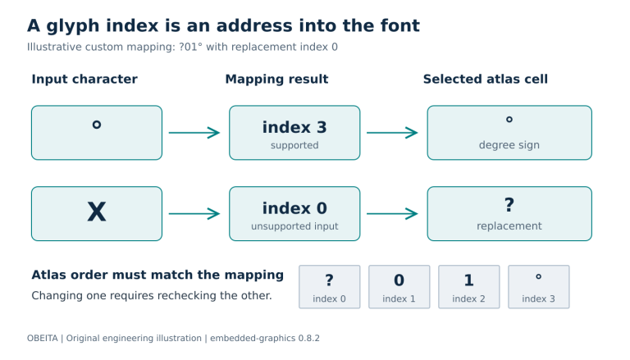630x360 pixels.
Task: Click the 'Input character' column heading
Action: tap(84, 80)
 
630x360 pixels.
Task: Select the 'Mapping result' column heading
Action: tap(276, 80)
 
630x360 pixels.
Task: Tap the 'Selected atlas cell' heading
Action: tap(486, 80)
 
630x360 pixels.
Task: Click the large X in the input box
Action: tap(97, 212)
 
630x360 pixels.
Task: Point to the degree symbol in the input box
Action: tap(97, 125)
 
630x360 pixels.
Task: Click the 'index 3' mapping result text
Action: tap(294, 127)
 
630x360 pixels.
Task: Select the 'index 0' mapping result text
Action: tap(294, 208)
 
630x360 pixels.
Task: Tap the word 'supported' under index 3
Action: tap(294, 145)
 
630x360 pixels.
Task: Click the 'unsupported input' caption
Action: tap(294, 226)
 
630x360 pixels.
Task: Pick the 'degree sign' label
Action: tap(509, 145)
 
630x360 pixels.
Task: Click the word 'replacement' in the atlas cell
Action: tap(509, 226)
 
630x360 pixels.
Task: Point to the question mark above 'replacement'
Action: tap(509, 205)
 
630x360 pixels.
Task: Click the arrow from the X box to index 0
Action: tap(194, 214)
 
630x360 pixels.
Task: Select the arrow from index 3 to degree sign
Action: tap(392, 133)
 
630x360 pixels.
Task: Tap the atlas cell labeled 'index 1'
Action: tap(399, 287)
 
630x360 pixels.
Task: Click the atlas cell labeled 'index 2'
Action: tap(469, 287)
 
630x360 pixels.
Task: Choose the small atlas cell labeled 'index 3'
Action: tap(539, 287)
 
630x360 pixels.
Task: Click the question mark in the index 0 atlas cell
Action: tap(329, 280)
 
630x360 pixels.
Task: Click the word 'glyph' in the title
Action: tap(73, 26)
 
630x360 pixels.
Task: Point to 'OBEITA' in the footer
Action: tap(42, 339)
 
